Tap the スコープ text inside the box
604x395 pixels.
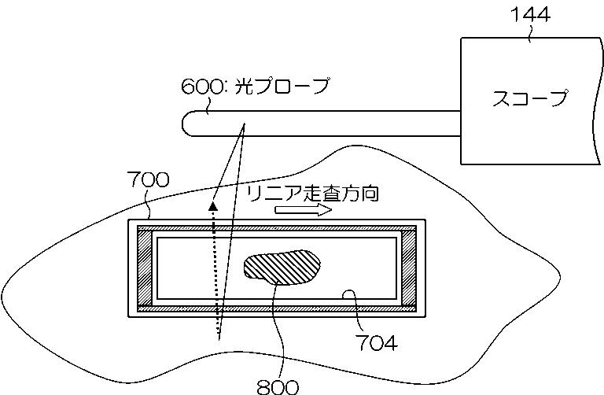tap(529, 99)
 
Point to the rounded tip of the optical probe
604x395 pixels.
tap(190, 124)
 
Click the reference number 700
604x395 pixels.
tap(147, 179)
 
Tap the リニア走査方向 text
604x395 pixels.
tap(311, 194)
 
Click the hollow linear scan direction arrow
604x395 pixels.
tap(304, 211)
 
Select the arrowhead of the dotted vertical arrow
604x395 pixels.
tap(212, 207)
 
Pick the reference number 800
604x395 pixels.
tap(278, 386)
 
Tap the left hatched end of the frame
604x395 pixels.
tap(146, 268)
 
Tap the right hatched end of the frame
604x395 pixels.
tap(408, 268)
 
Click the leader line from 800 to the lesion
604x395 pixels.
tap(275, 330)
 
